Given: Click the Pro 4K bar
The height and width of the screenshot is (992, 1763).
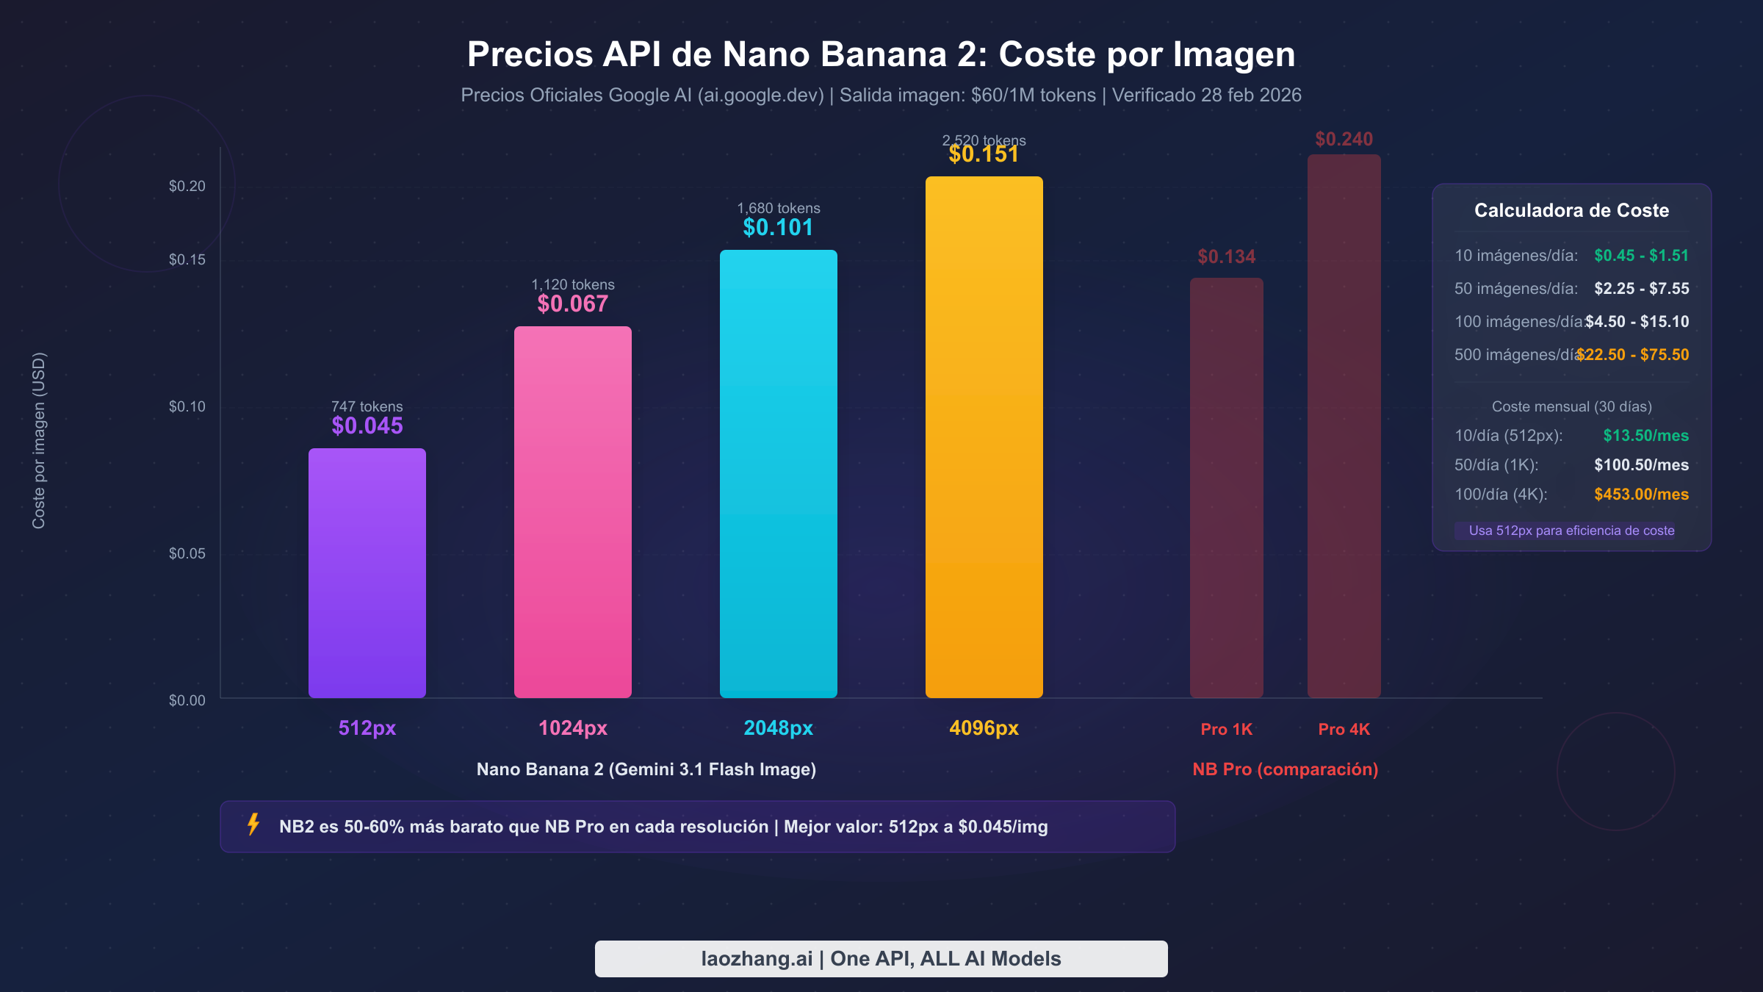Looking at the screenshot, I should tap(1344, 426).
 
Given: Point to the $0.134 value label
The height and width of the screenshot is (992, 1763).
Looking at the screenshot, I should tap(1226, 256).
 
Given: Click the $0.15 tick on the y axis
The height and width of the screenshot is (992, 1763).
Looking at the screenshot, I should tap(187, 259).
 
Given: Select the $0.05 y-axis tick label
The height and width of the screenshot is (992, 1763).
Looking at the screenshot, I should tap(187, 553).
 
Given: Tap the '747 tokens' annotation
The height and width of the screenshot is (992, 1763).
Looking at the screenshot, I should tap(367, 406).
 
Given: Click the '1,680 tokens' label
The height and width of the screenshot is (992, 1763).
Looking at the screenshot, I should tap(778, 208).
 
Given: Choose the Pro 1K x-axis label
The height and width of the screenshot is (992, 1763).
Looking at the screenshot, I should tap(1226, 729).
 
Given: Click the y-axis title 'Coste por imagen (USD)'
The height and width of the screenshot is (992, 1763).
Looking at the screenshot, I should tap(39, 440).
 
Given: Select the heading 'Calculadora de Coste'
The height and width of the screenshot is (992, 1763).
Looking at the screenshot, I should tap(1571, 210).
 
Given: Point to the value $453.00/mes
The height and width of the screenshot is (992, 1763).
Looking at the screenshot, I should tap(1640, 495).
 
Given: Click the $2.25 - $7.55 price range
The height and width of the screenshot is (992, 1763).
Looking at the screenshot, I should tap(1640, 289).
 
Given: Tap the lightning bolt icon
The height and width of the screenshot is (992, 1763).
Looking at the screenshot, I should tap(253, 824).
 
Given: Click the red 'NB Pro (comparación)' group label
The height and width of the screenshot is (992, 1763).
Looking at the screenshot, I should tap(1285, 769).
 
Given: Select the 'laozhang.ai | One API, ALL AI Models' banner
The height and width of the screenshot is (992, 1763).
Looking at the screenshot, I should tap(881, 958).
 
